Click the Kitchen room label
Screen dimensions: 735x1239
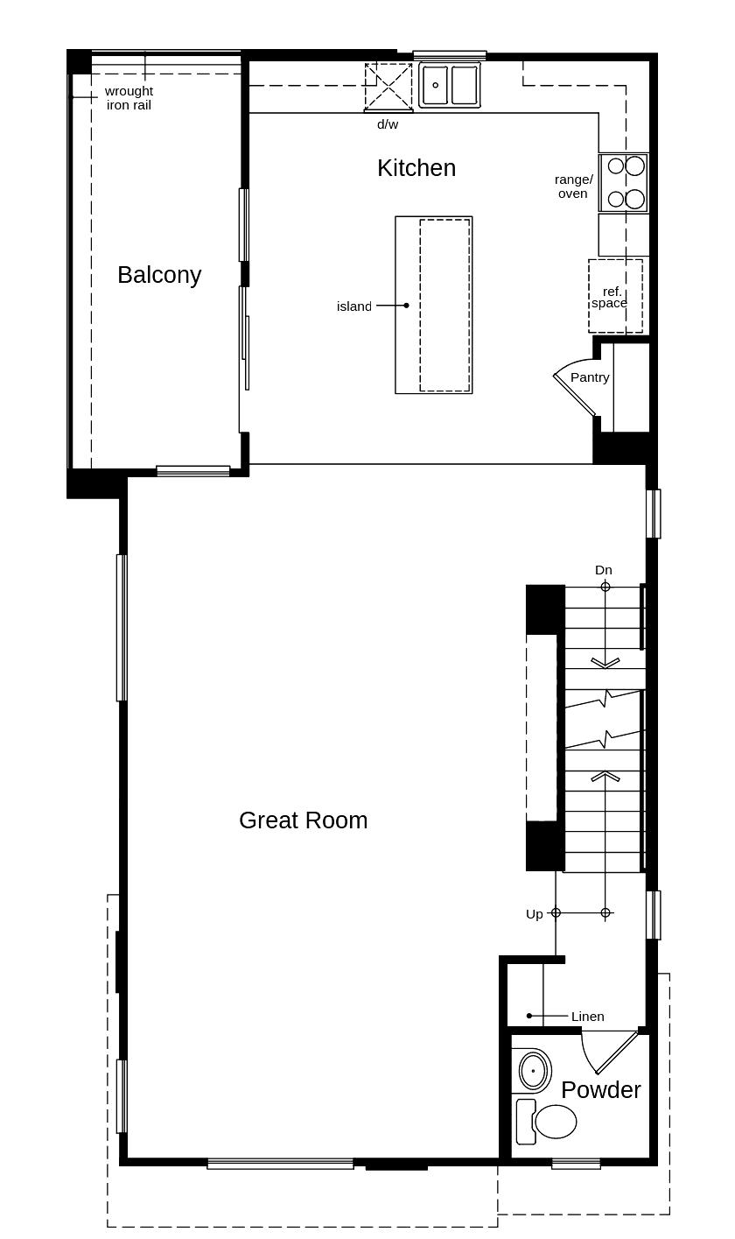coord(416,167)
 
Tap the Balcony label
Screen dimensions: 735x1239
coord(159,275)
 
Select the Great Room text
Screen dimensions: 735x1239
coord(303,820)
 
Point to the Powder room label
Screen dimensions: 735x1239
coord(601,1090)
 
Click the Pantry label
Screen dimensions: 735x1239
coord(590,377)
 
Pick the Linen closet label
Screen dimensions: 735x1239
coord(587,1016)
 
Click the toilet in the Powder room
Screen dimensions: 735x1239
coord(547,1121)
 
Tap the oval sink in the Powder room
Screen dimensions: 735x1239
coord(535,1071)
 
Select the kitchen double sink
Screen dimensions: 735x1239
coord(449,85)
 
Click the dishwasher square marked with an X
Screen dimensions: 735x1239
coord(388,86)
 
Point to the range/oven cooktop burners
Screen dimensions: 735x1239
coord(625,182)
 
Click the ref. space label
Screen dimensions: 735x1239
coord(610,297)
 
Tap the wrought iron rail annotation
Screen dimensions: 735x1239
coord(129,98)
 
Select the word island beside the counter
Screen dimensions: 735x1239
coord(354,306)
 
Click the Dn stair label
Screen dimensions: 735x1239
coord(604,570)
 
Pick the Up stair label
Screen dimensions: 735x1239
coord(535,914)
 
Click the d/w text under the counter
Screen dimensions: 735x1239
coord(388,124)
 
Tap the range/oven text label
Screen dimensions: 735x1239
coord(573,187)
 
